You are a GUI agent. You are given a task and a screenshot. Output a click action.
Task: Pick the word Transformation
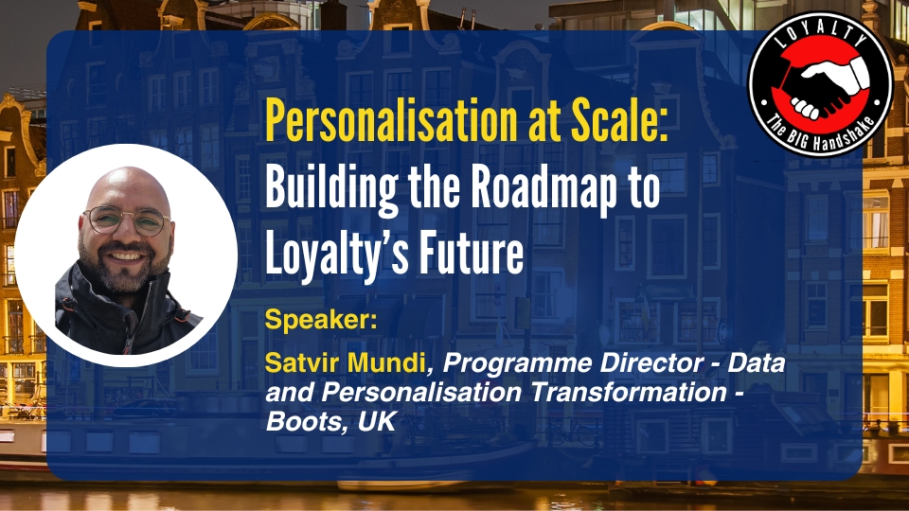pyautogui.click(x=628, y=392)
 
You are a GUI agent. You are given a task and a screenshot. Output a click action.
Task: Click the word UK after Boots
pyautogui.click(x=377, y=421)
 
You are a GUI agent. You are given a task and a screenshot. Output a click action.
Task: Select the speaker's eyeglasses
pyautogui.click(x=126, y=221)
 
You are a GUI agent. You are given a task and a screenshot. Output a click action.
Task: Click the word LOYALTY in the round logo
pyautogui.click(x=820, y=35)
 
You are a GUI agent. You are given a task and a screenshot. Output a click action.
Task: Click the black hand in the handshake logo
pyautogui.click(x=807, y=92)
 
